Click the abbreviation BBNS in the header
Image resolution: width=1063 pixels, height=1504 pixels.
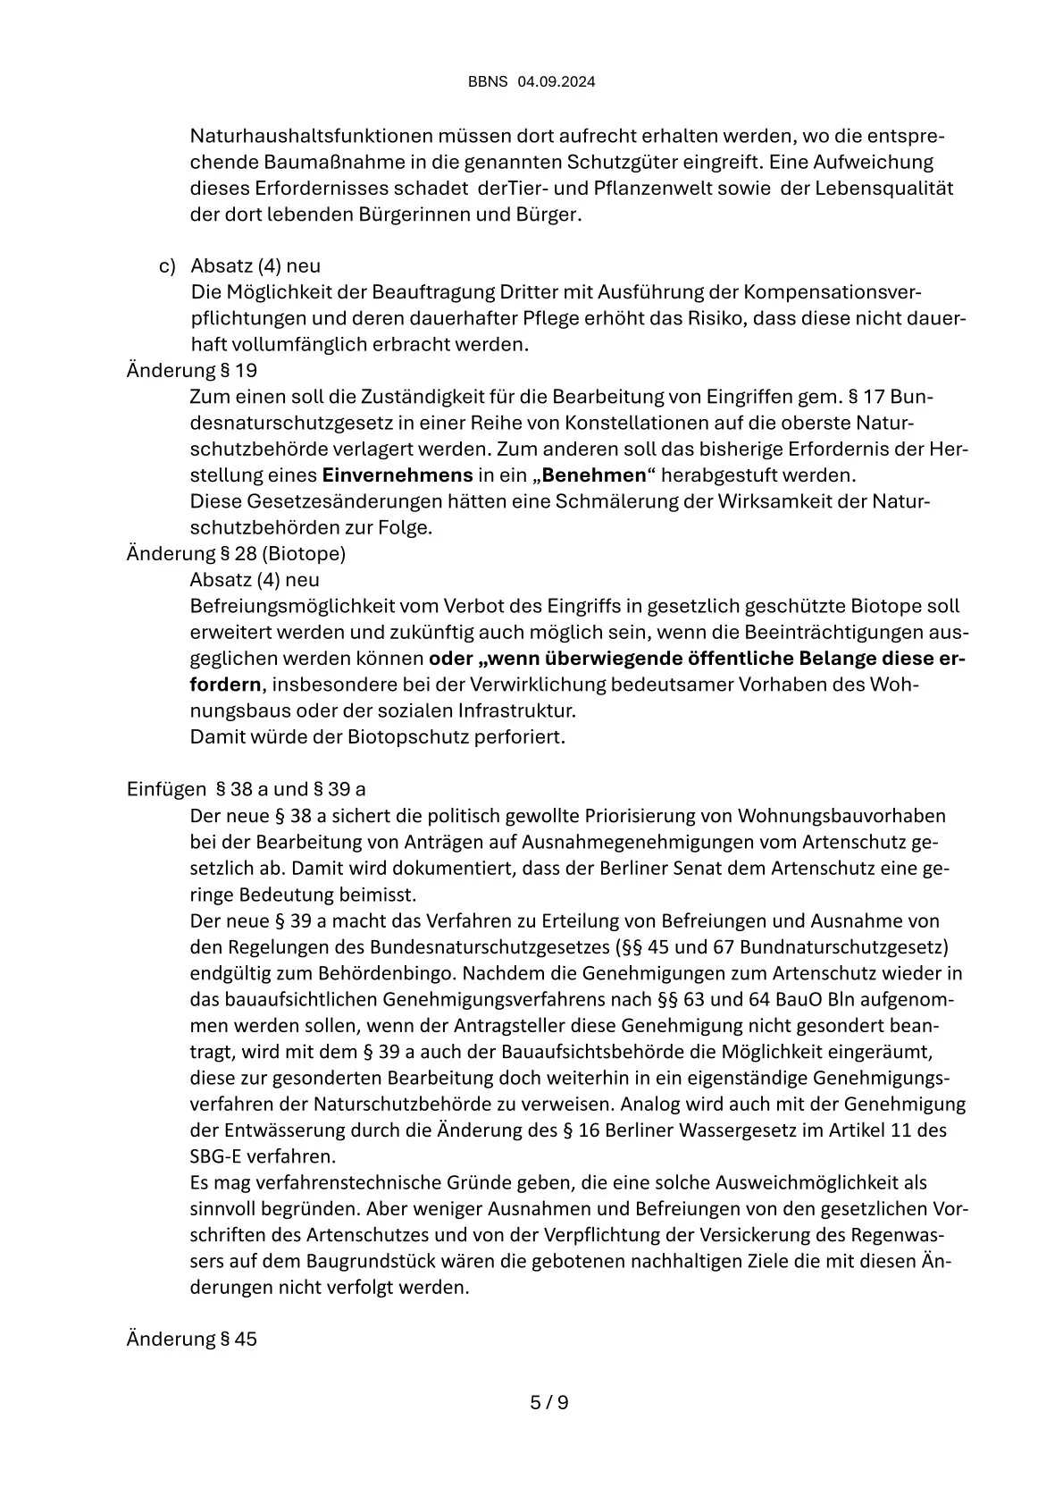[x=488, y=82]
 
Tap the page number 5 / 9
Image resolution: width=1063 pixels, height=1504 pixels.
[x=549, y=1402]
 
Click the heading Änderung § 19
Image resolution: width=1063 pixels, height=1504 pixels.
[x=192, y=370]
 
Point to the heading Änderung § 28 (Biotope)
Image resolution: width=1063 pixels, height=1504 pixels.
[x=236, y=553]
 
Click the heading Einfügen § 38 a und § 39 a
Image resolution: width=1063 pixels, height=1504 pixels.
[x=246, y=790]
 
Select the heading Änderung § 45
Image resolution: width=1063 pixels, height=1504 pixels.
[x=192, y=1340]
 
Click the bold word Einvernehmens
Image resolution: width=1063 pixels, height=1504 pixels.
[x=398, y=475]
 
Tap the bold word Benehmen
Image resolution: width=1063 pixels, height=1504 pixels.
[x=594, y=475]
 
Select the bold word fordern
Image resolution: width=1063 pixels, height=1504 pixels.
[x=226, y=685]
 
